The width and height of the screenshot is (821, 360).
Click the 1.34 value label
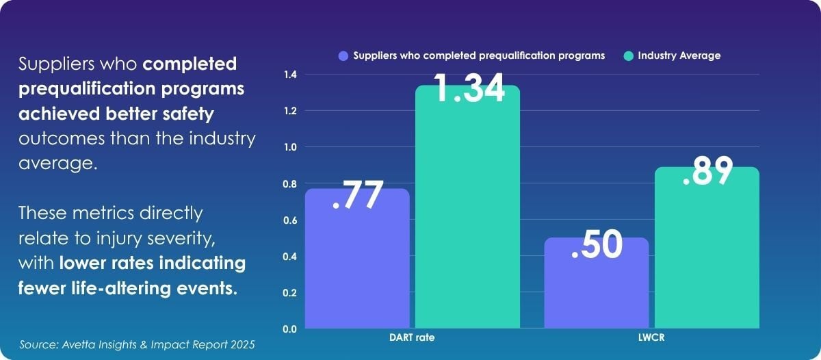tap(469, 88)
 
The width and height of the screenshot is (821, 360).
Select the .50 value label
tap(597, 244)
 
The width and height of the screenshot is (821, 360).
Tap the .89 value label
tap(707, 172)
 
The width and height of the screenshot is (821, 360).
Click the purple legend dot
tap(343, 56)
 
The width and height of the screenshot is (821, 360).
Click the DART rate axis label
tap(412, 339)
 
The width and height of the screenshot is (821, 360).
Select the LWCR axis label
tap(651, 339)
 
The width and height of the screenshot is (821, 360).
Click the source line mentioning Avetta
tap(137, 344)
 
